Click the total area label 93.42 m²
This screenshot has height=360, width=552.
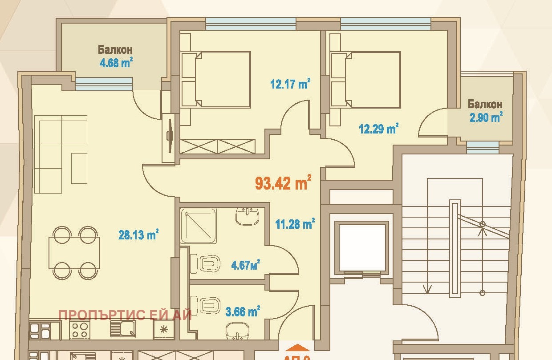coord(283,183)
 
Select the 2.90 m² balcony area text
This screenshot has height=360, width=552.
coord(485,117)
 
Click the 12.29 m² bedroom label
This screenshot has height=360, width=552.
coord(378,129)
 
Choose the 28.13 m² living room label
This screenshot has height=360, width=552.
coord(138,235)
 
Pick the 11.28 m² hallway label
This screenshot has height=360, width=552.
coord(295,223)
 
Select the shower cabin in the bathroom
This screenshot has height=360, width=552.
coord(199,225)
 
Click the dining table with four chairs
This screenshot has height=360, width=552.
coord(75,252)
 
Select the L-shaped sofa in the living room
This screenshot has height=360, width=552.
coord(61,154)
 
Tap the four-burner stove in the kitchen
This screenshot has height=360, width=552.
coord(81,330)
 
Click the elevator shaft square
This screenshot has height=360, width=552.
coord(362,247)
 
